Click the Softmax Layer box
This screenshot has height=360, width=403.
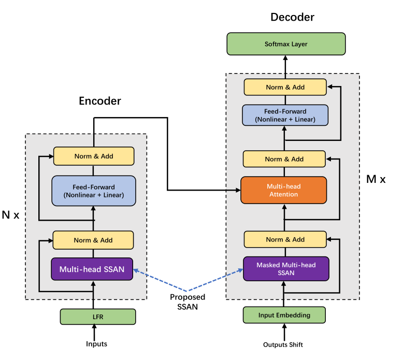286,44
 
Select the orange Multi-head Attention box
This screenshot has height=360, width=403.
283,190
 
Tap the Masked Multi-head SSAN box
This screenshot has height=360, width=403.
286,269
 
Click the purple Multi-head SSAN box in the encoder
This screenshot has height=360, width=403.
92,269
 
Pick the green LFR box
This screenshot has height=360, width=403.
98,316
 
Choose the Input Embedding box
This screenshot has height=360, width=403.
284,315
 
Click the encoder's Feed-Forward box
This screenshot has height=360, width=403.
94,191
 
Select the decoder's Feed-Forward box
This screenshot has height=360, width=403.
285,115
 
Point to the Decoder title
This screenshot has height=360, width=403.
292,17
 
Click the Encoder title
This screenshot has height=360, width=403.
100,101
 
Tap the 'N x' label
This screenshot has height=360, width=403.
10,215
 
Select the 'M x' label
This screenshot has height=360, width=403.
376,179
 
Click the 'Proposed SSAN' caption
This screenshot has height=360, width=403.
188,301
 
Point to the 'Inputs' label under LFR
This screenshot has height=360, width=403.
96,344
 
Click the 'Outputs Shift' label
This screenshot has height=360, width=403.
283,344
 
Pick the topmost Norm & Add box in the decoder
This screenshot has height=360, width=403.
285,87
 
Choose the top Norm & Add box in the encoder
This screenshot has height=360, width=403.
94,156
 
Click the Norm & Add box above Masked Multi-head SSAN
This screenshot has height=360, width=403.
285,239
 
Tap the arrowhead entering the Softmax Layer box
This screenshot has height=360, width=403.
285,58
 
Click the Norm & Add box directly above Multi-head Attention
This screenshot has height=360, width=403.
284,159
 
